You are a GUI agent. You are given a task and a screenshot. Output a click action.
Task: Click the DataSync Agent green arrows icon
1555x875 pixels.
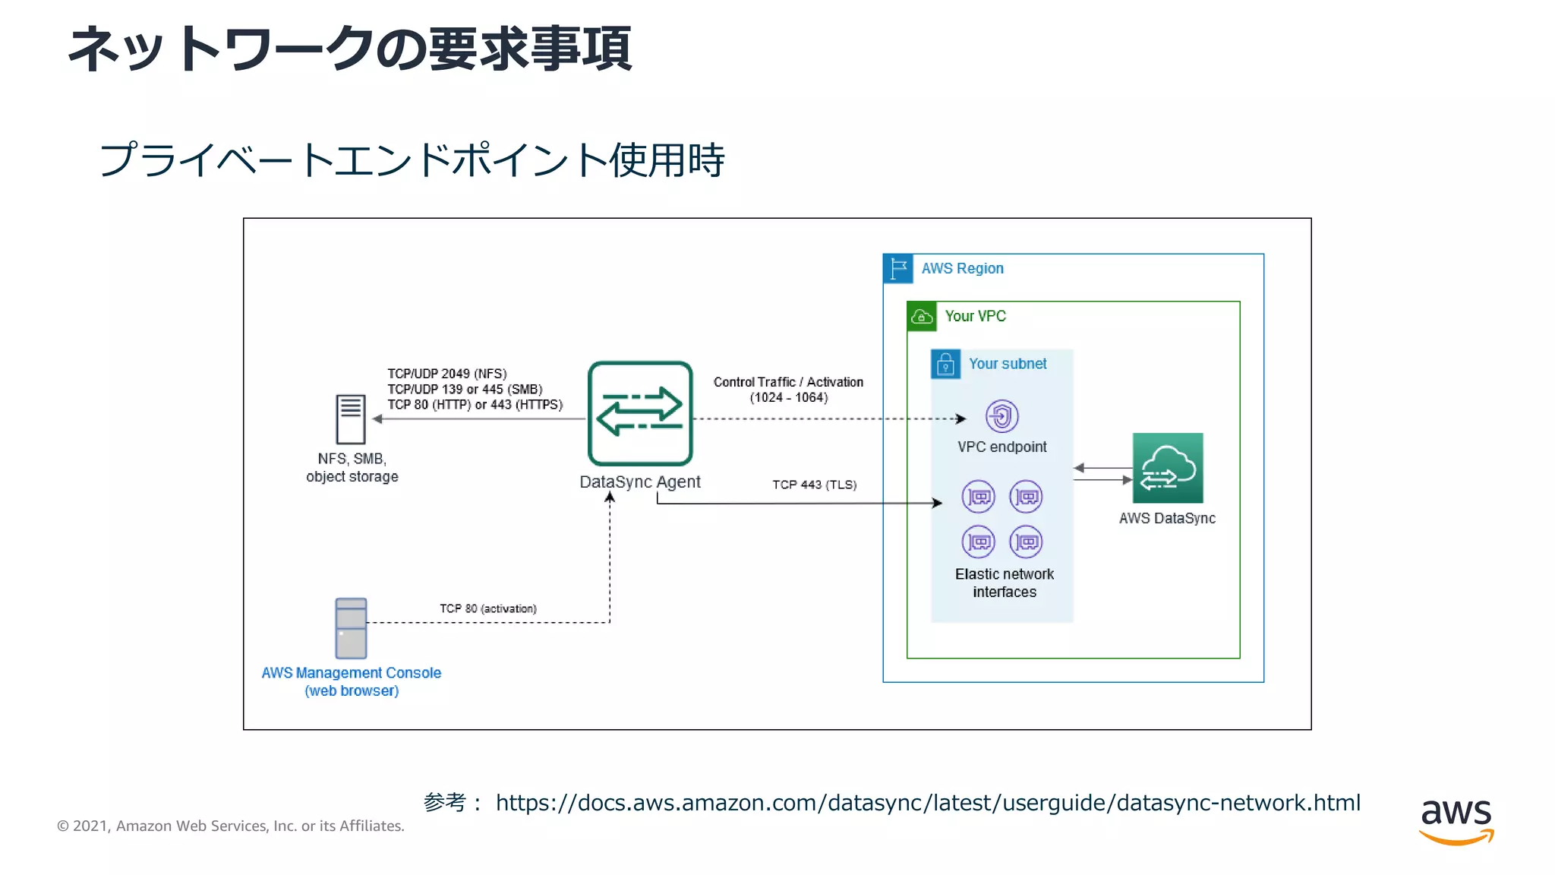[x=640, y=413]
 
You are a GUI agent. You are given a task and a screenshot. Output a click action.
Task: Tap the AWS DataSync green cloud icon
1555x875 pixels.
[x=1168, y=468]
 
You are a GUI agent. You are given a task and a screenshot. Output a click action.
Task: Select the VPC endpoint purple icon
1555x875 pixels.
[x=1001, y=416]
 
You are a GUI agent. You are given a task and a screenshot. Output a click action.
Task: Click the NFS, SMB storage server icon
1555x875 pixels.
[x=351, y=419]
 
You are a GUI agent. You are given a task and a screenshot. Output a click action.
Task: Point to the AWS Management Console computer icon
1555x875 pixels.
[x=351, y=628]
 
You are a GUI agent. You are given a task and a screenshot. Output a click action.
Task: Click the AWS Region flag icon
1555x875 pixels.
[x=898, y=268]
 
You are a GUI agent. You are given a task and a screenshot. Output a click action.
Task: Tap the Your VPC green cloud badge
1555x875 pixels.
[x=922, y=316]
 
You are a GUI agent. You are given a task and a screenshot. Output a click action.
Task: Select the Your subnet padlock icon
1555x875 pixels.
[x=945, y=364]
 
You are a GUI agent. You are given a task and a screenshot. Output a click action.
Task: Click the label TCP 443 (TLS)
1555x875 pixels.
[x=814, y=485]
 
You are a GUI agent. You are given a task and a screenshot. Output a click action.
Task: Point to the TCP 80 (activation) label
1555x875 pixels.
[x=487, y=608]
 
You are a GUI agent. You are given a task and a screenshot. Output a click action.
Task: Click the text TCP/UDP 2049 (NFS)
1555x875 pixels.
[x=446, y=374]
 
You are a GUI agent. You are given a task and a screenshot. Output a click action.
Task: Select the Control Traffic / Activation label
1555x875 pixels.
[x=788, y=382]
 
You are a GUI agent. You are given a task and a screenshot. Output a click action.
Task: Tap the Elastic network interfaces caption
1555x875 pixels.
[x=1004, y=583]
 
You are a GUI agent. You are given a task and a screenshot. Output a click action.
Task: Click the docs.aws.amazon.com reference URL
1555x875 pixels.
[x=927, y=803]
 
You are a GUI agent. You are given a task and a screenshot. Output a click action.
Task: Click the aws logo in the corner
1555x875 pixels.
[x=1456, y=820]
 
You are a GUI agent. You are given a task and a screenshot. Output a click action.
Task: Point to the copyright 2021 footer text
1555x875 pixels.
[x=230, y=826]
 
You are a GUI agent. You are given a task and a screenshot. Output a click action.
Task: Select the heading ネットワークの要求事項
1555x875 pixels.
[x=350, y=49]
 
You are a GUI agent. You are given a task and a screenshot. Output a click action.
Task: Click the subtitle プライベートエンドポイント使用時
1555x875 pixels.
[x=412, y=160]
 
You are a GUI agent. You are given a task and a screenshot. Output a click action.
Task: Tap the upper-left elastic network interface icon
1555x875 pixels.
[x=978, y=497]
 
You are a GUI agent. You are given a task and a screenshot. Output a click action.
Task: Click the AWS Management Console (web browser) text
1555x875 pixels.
[x=351, y=681]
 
